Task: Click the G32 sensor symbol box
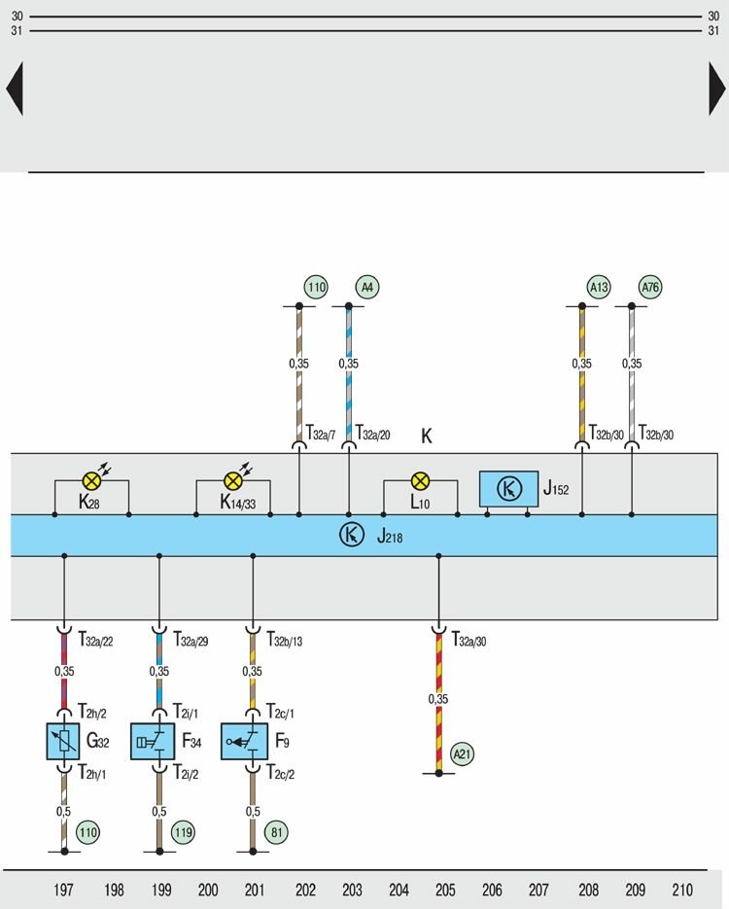[x=64, y=741]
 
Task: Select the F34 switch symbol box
[x=158, y=741]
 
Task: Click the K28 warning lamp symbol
[x=91, y=479]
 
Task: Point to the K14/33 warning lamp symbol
[x=232, y=479]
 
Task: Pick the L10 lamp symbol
[x=420, y=479]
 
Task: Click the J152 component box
[x=508, y=489]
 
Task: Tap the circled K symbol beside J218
[x=350, y=535]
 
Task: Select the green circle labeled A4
[x=367, y=288]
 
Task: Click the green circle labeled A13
[x=599, y=288]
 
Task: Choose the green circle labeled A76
[x=649, y=288]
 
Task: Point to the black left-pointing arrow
[x=14, y=88]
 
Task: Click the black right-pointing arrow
[x=716, y=88]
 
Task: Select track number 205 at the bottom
[x=445, y=890]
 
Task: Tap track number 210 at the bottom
[x=682, y=890]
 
